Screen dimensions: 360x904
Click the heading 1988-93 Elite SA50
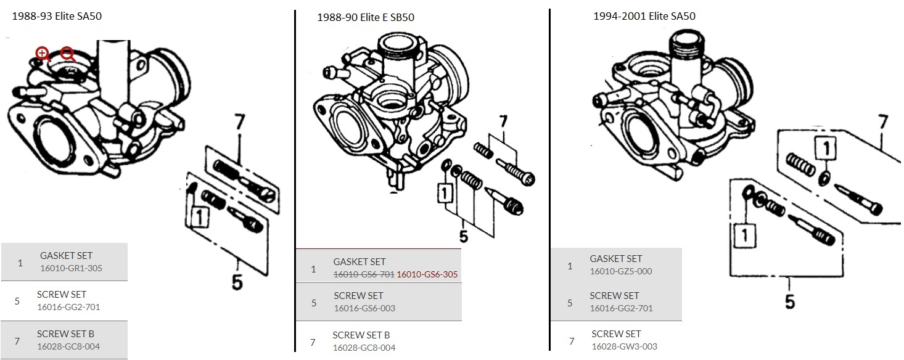57,17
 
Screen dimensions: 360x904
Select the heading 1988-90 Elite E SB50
365,17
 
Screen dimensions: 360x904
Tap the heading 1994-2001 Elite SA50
644,16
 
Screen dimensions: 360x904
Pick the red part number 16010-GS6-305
427,274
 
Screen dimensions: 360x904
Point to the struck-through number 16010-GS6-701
364,274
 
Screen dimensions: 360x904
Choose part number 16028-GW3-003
624,346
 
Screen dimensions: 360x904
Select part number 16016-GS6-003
364,308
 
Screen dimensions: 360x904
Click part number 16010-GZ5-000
620,271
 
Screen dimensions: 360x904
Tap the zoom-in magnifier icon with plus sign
43,54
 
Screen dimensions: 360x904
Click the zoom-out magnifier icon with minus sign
67,54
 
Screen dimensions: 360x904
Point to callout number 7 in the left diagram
238,123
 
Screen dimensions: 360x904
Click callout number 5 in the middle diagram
463,236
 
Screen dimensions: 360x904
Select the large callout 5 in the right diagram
789,301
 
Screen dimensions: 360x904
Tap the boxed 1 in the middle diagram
443,194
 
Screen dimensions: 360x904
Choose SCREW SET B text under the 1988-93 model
65,334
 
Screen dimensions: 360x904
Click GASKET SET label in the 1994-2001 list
615,259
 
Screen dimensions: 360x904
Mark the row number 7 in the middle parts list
313,342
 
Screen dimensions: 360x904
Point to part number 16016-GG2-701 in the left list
68,307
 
